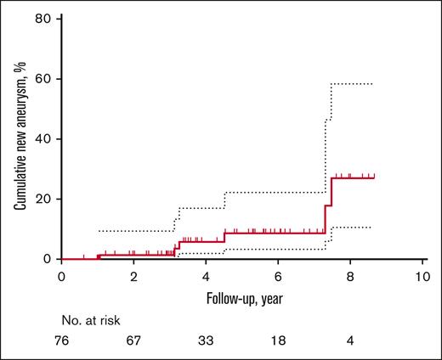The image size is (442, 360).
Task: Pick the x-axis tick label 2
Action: tap(133, 278)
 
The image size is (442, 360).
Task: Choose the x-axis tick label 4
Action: tap(206, 278)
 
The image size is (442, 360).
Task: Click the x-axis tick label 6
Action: tap(278, 278)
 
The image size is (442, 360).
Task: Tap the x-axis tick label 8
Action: tap(350, 278)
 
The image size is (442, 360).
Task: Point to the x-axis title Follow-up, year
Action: tap(241, 300)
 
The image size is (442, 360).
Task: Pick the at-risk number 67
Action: tap(133, 341)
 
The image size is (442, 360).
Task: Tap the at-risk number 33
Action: tap(206, 341)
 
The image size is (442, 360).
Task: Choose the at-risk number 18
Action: tap(278, 341)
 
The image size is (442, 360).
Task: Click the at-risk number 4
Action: tap(350, 341)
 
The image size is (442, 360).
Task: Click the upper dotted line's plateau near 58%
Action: tap(352, 84)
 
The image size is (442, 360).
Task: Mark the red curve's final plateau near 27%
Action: tap(354, 177)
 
